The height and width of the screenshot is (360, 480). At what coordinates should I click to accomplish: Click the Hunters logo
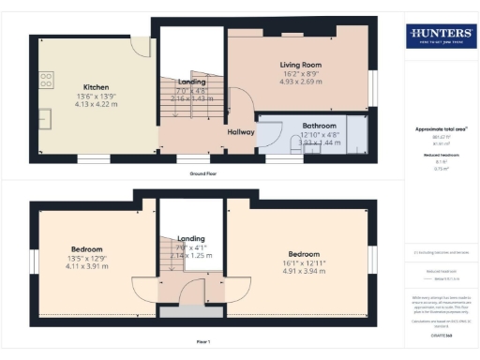(x=439, y=36)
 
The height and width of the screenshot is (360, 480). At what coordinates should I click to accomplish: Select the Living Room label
(x=302, y=64)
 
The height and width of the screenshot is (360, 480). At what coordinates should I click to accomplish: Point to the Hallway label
(x=242, y=132)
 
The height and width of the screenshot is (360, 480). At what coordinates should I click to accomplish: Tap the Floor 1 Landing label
(x=190, y=239)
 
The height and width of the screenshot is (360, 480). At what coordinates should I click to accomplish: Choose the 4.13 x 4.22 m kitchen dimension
(x=97, y=103)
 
